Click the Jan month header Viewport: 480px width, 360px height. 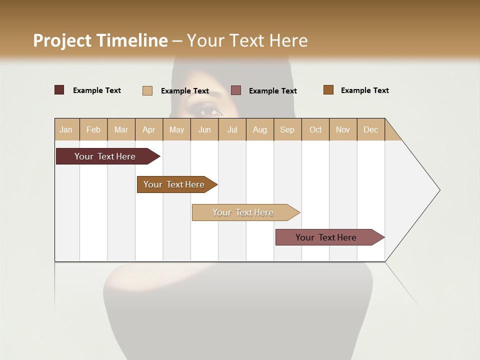[66, 129]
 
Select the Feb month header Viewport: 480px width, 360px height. [93, 129]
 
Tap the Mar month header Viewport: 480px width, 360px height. [121, 129]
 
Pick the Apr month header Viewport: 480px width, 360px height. [149, 129]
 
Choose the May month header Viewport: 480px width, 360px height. [176, 129]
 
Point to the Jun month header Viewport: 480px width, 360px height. [204, 129]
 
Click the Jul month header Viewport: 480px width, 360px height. [232, 129]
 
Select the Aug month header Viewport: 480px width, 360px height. [260, 129]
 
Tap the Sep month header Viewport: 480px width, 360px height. [287, 129]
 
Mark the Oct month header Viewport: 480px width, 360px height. [315, 129]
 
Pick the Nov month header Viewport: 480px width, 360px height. [343, 129]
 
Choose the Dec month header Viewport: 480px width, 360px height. [371, 129]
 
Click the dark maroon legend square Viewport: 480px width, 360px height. [59, 90]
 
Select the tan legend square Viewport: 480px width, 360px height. [147, 90]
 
